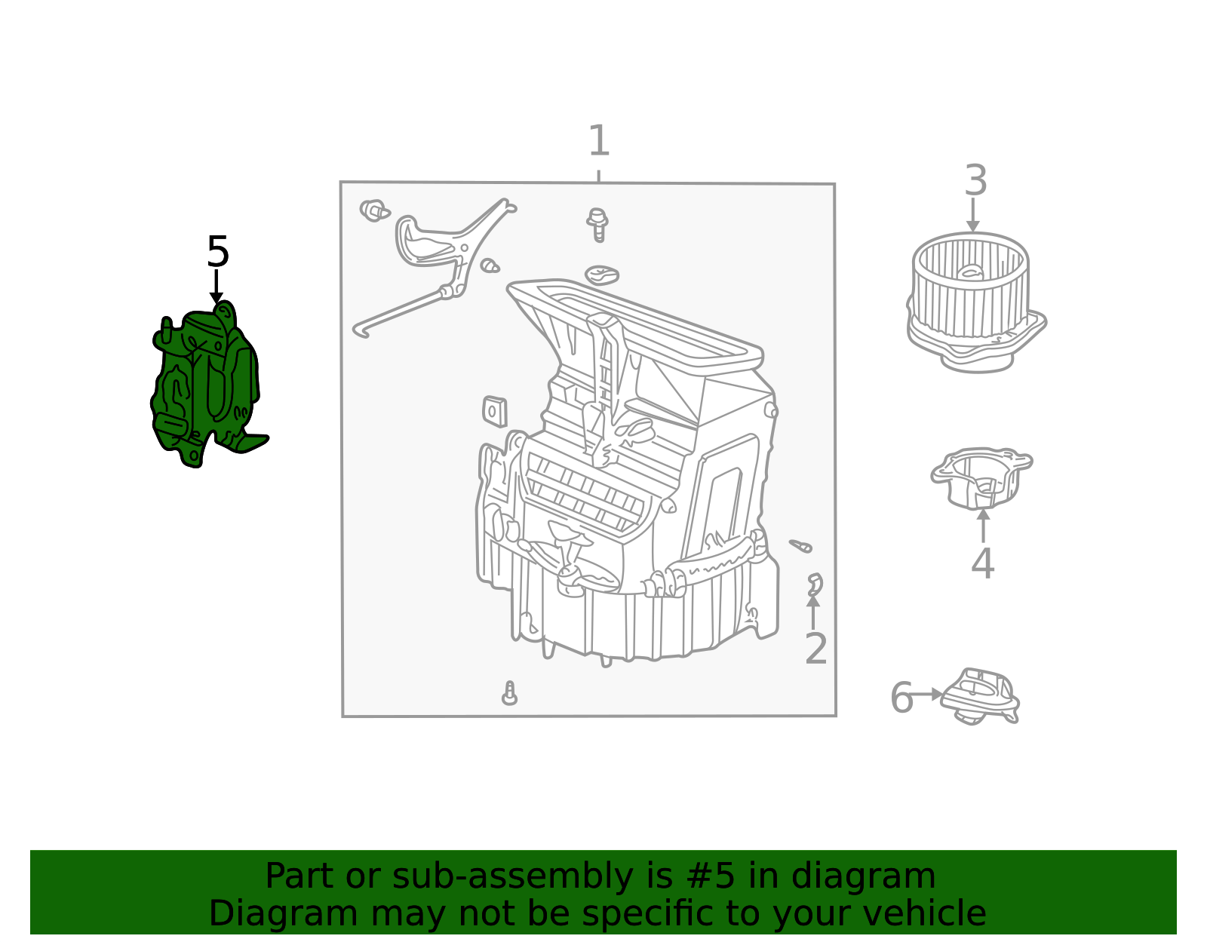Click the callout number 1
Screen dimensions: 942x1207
tap(598, 141)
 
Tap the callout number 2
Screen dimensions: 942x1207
tap(815, 649)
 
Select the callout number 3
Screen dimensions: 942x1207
tap(975, 182)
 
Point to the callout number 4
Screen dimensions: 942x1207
tap(982, 564)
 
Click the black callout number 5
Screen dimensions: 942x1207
tap(217, 252)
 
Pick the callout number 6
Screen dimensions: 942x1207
tap(901, 698)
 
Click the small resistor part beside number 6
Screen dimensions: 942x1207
tap(981, 695)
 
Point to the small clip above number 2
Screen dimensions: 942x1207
tap(814, 584)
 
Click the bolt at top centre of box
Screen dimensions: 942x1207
tap(598, 224)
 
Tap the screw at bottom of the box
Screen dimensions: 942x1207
tap(510, 694)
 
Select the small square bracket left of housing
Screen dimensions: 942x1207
tap(494, 412)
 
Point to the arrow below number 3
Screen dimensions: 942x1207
tap(973, 216)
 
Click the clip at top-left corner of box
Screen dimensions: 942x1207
tap(373, 210)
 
